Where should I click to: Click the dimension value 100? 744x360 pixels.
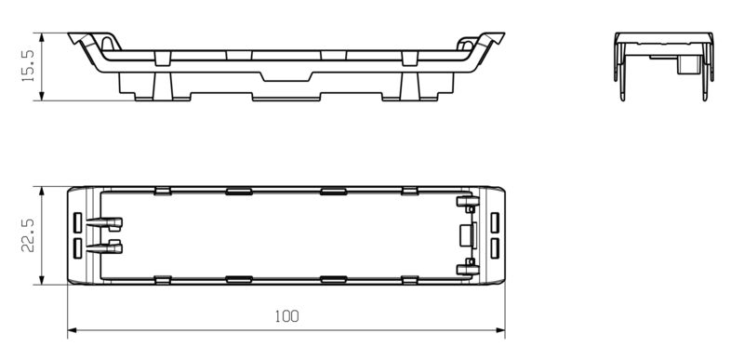287,316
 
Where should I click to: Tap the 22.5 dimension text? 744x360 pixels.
28,235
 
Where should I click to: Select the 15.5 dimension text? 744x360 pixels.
28,66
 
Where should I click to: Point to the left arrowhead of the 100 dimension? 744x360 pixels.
73,330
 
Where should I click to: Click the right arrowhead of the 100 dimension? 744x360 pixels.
500,330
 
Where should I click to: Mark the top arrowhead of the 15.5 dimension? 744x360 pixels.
42,37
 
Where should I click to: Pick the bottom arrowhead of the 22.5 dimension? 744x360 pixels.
42,280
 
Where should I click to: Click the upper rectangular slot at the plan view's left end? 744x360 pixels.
77,222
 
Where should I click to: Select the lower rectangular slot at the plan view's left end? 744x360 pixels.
77,248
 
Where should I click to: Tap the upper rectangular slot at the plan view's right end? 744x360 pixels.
495,222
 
